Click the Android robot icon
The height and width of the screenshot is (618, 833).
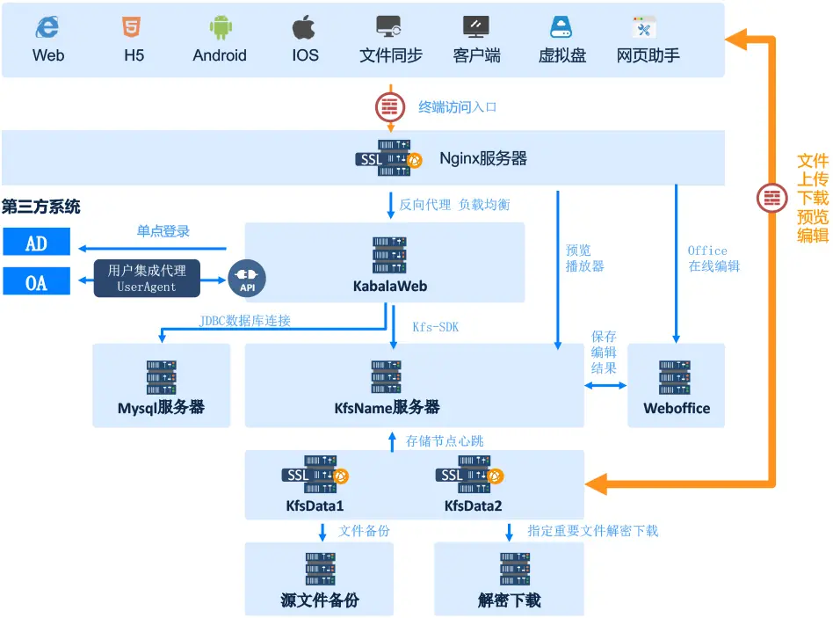[x=220, y=27]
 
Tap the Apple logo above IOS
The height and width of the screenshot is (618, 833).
[x=304, y=27]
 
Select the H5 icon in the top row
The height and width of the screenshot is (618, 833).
[x=132, y=27]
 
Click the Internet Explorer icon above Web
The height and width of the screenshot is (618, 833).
[x=47, y=27]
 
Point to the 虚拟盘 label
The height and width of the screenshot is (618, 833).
[x=561, y=55]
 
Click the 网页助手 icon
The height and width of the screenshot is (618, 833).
[x=646, y=27]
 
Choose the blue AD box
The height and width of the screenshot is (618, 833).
[x=36, y=243]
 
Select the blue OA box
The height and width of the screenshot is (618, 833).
[x=36, y=281]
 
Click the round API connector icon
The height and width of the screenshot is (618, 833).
[x=246, y=278]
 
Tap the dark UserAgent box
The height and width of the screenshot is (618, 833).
[x=147, y=278]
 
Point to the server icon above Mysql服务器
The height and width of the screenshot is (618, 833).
[x=162, y=377]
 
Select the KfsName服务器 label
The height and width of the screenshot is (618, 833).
[x=388, y=408]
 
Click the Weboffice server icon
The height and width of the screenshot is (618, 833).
[x=676, y=377]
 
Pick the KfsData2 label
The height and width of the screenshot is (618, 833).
[x=474, y=505]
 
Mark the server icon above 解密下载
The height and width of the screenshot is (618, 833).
[x=510, y=569]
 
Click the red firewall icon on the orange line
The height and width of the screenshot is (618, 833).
[x=772, y=197]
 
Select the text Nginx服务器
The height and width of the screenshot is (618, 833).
[x=483, y=159]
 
